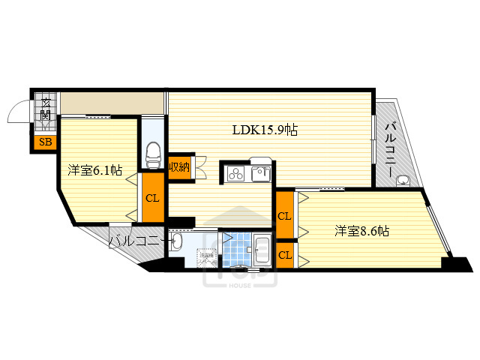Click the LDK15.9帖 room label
pyautogui.click(x=265, y=130)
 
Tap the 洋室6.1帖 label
pyautogui.click(x=94, y=171)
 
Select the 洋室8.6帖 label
pyautogui.click(x=361, y=231)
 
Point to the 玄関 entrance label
pyautogui.click(x=46, y=110)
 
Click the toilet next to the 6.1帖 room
pyautogui.click(x=153, y=154)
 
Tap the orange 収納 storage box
pyautogui.click(x=178, y=166)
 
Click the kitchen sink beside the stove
pyautogui.click(x=260, y=175)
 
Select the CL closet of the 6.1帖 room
pyautogui.click(x=152, y=199)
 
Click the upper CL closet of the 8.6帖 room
pyautogui.click(x=284, y=216)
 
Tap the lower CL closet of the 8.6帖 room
pyautogui.click(x=284, y=254)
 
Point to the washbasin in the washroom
pyautogui.click(x=177, y=241)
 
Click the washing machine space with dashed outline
pyautogui.click(x=206, y=257)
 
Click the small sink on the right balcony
pyautogui.click(x=404, y=179)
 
